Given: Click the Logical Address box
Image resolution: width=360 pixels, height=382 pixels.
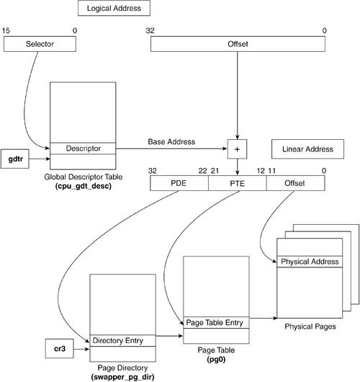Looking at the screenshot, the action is point(114,8).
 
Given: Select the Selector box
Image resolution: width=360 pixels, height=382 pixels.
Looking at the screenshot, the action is point(40,44).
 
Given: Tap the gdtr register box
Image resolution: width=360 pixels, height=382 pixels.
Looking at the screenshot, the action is point(15,159).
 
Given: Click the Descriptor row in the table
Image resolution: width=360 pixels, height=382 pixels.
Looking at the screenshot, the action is point(83,148).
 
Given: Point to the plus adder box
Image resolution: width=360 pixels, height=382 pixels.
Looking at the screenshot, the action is point(237,149).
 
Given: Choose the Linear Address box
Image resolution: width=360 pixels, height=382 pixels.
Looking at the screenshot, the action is point(307,149).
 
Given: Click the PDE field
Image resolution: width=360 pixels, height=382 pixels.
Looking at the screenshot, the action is point(179,183).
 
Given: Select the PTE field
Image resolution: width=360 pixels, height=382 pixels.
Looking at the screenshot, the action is point(238,183).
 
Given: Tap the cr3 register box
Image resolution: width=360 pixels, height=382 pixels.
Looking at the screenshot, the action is point(59,349).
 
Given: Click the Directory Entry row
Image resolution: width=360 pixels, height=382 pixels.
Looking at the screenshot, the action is point(122,341).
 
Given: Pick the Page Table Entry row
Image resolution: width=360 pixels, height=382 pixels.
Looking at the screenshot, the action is point(216,323).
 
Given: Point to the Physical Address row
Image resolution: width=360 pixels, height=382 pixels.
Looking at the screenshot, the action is point(310,262).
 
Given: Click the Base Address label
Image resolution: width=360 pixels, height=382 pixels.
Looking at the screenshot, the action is point(171,142).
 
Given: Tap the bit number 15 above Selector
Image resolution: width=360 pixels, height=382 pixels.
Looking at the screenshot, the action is point(6,31).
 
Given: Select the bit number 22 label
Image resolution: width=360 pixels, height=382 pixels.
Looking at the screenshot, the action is point(202,171).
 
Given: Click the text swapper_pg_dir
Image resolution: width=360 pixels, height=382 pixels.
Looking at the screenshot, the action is point(122,377).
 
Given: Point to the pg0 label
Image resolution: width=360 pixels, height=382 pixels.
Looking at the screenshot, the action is point(216,360).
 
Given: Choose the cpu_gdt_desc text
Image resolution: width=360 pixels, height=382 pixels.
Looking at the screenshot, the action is point(84,186).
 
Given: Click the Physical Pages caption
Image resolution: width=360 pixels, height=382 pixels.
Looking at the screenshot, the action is point(310,327).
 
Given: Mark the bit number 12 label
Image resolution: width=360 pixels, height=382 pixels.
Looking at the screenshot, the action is point(261,171).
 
